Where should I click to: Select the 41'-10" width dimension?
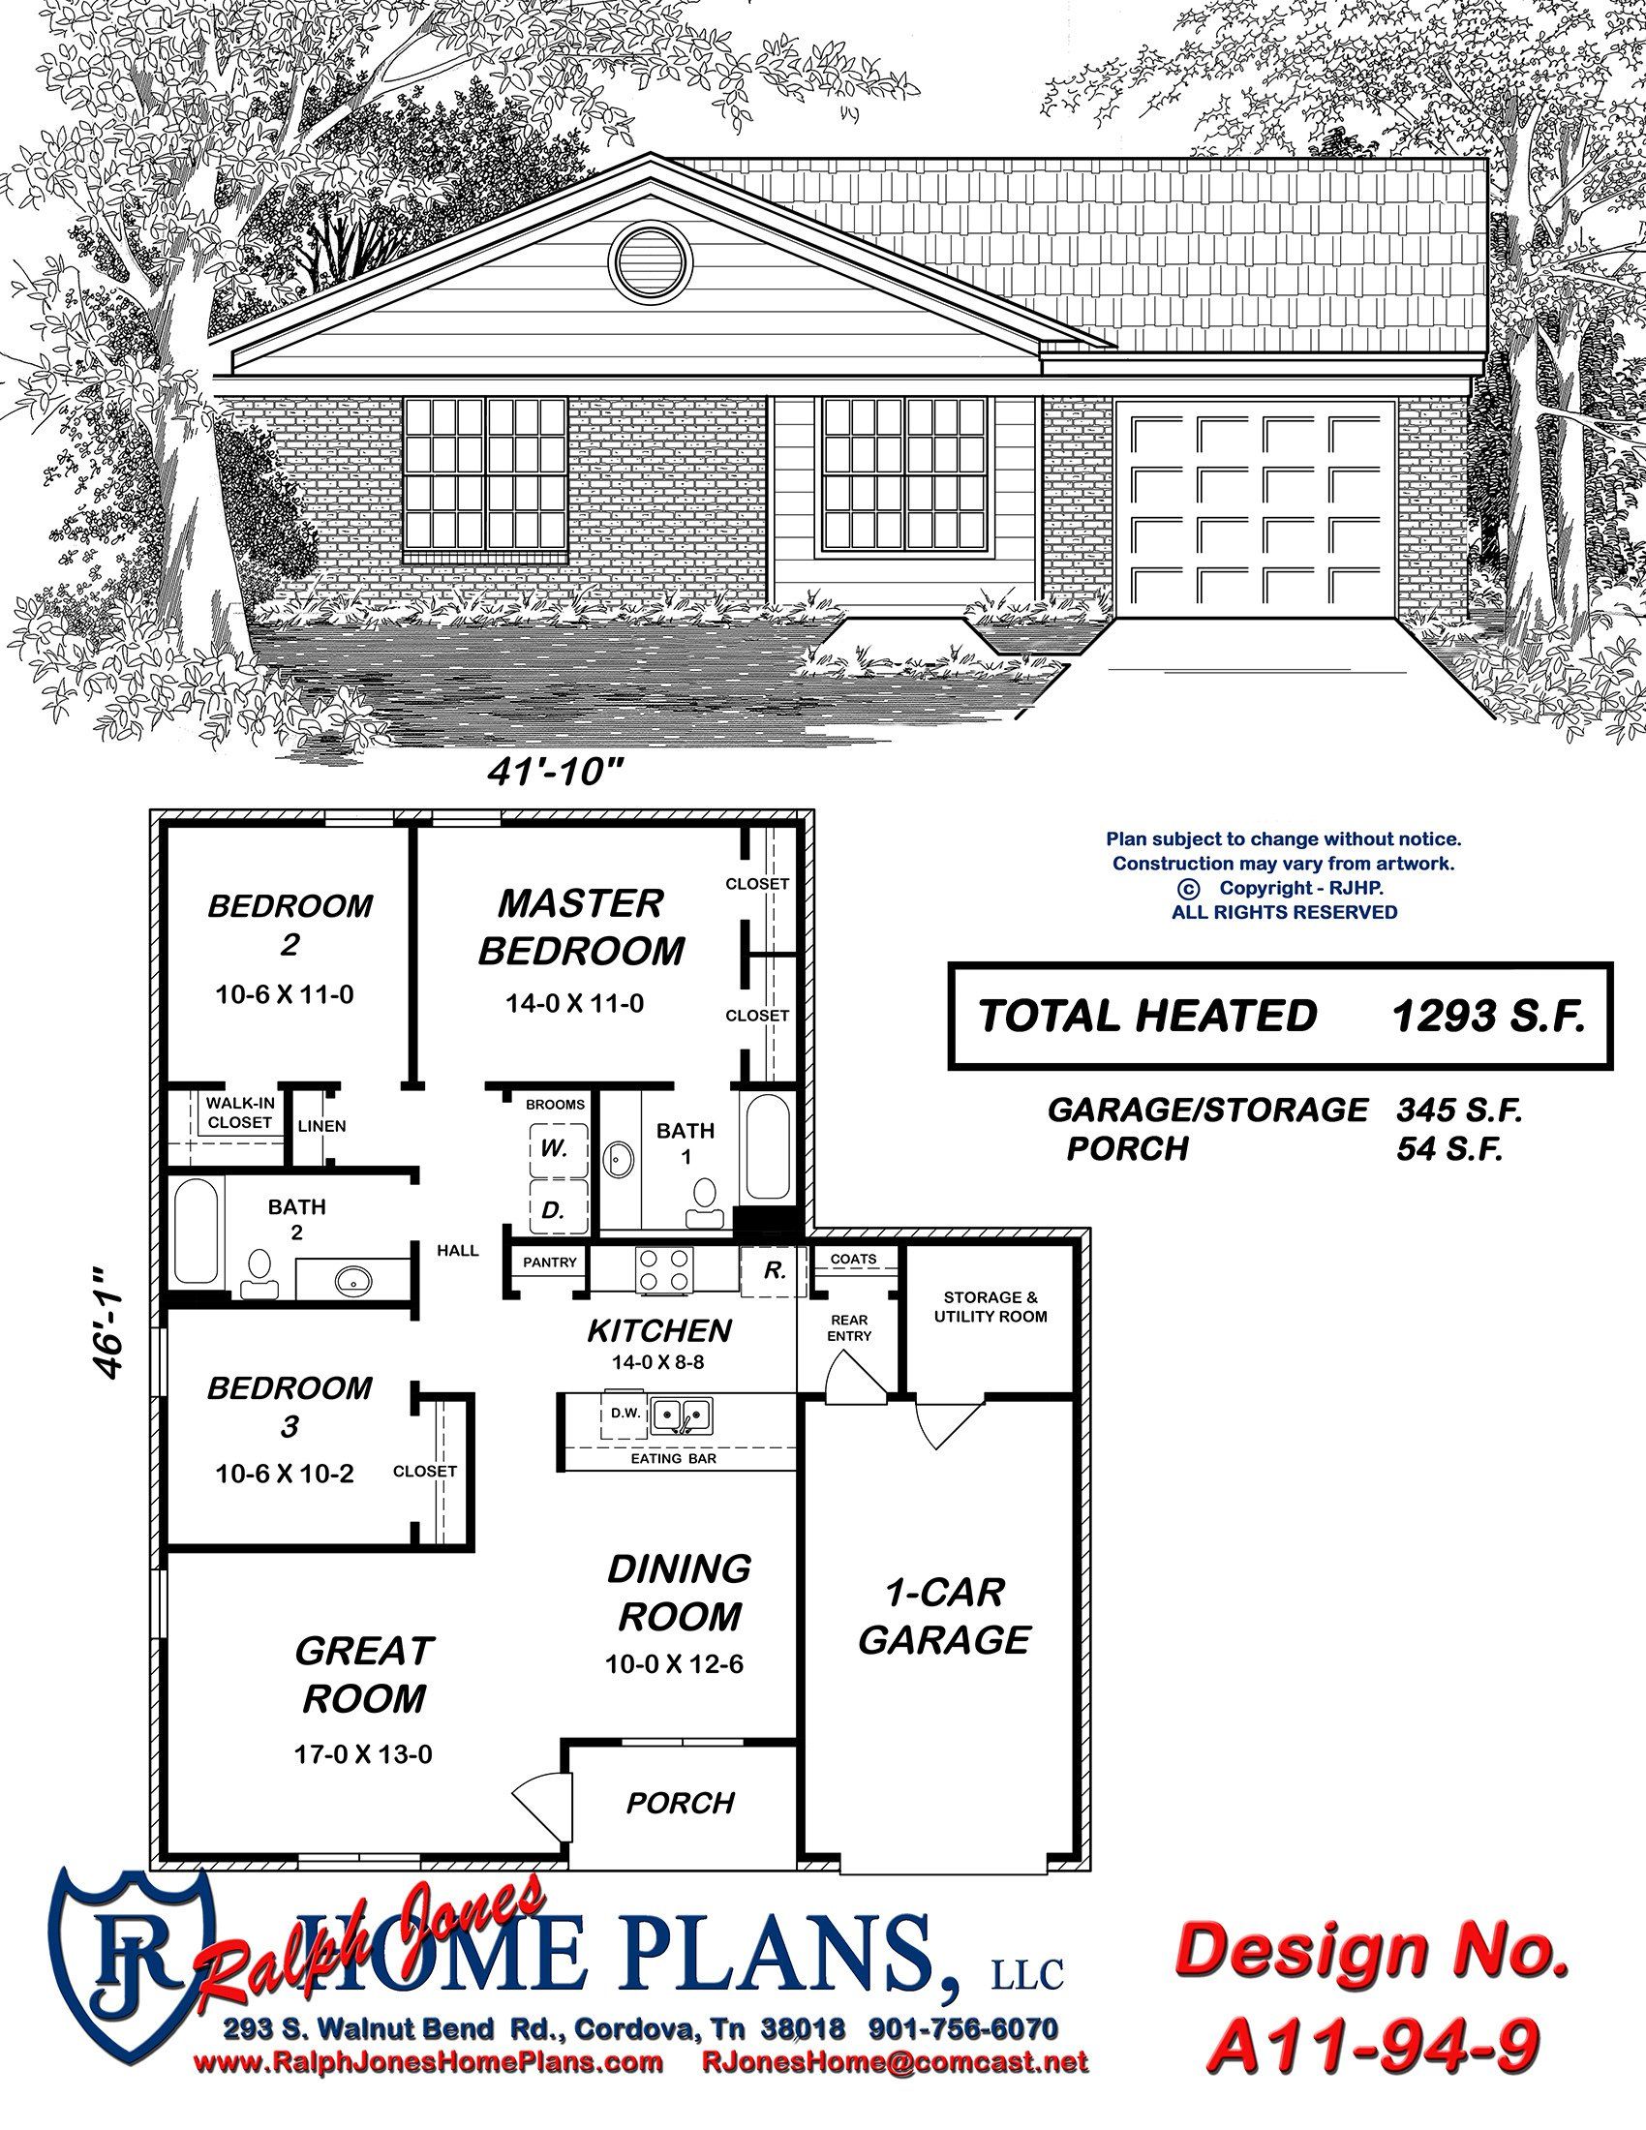pos(555,773)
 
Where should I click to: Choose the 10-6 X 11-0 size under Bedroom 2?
pos(284,995)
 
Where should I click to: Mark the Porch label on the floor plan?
pos(681,1804)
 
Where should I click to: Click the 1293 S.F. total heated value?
pos(1487,1017)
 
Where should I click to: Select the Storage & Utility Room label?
pos(991,1307)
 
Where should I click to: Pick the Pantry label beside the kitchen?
pos(550,1262)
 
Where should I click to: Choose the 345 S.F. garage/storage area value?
pos(1460,1110)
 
